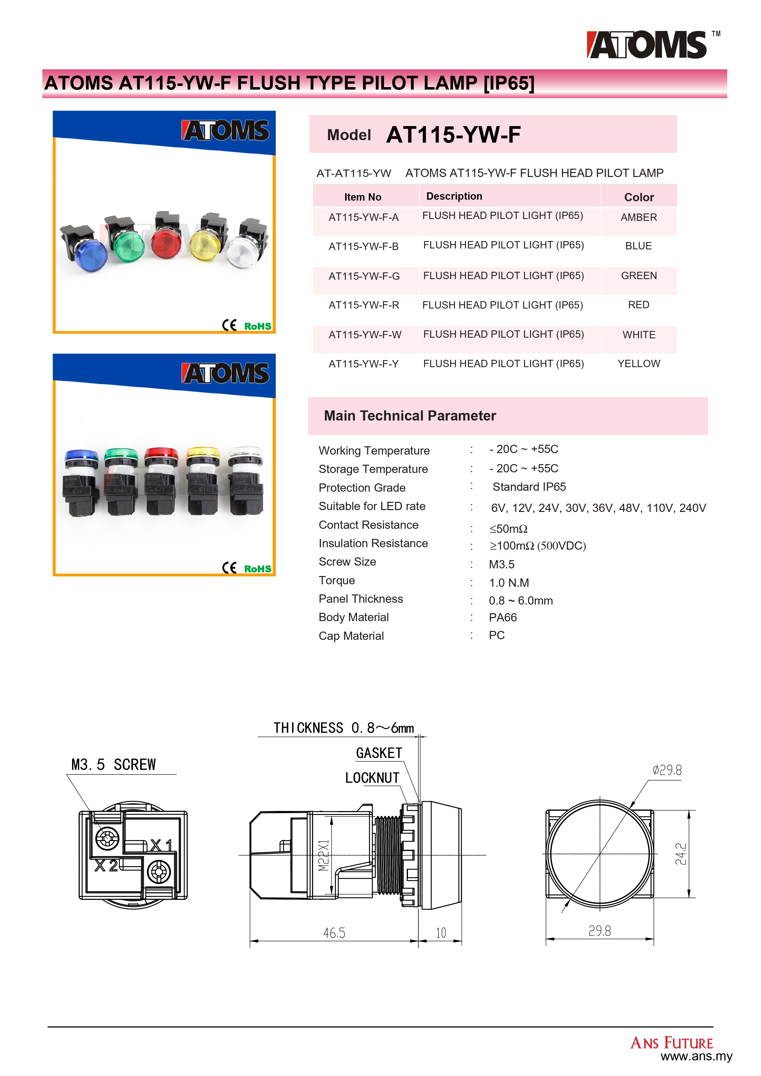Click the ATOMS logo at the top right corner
point(648,45)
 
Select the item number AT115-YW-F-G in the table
point(364,276)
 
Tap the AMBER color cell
point(638,217)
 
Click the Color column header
point(639,197)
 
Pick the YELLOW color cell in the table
point(638,364)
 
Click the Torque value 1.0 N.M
point(509,582)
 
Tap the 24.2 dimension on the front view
point(681,854)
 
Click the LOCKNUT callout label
point(372,778)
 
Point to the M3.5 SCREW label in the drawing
point(113,765)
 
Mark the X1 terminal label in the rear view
point(161,845)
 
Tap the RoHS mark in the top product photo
point(257,326)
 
